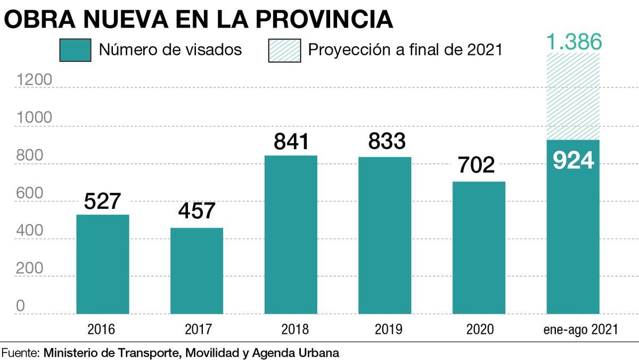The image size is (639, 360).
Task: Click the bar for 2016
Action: (103, 264)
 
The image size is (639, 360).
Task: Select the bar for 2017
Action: (196, 271)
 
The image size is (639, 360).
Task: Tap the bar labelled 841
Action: (291, 234)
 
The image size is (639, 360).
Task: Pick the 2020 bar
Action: (479, 248)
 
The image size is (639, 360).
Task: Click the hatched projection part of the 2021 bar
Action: (573, 96)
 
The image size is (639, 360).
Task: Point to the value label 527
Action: (103, 202)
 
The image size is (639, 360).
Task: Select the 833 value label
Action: (384, 141)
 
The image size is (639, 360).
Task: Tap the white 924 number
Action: (573, 160)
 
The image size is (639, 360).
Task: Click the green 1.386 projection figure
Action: (573, 42)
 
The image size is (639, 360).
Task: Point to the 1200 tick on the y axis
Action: (34, 80)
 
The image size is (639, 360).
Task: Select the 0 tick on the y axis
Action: (20, 306)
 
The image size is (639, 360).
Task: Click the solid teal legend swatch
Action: (75, 50)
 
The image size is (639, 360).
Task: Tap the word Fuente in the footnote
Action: (20, 353)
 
